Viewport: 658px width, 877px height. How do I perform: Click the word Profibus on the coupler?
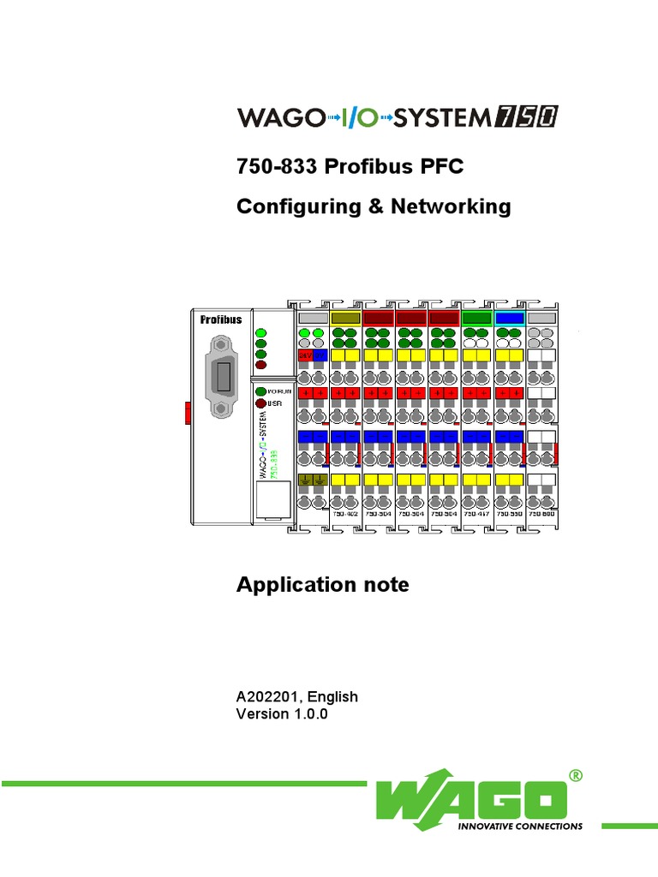[221, 319]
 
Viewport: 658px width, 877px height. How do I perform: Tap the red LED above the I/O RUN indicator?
[260, 365]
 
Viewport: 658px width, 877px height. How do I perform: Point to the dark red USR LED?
[260, 403]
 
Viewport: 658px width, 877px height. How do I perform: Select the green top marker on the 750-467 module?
[476, 318]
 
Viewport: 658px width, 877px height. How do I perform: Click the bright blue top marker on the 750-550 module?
[510, 318]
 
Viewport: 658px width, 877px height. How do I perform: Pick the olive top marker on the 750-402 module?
[345, 318]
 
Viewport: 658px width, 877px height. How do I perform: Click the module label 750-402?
[345, 515]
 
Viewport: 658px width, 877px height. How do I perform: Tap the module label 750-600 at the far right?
[542, 515]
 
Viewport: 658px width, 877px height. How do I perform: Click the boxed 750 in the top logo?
[525, 117]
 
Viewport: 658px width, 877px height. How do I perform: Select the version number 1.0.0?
[308, 713]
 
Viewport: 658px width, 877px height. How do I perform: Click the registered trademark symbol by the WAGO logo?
[575, 775]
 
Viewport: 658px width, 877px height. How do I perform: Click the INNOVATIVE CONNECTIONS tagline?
[522, 826]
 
